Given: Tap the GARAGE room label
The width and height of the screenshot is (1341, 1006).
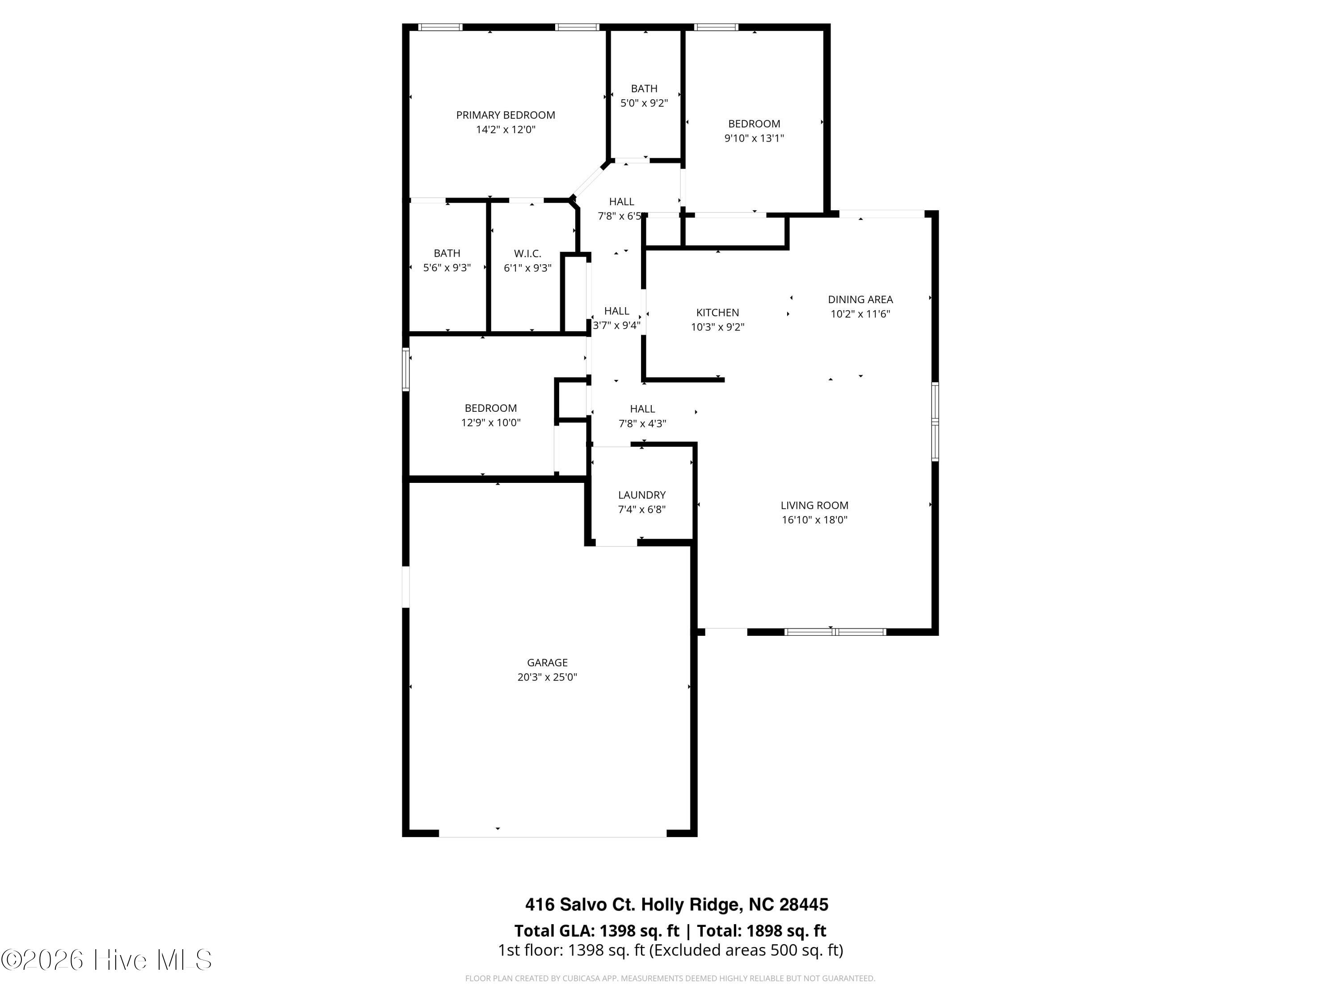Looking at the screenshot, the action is (548, 663).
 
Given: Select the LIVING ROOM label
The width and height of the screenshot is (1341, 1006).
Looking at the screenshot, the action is (814, 505).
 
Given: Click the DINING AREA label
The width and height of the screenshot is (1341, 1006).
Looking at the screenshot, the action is (860, 299).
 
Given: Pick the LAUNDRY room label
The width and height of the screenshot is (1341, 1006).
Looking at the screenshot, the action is (641, 495).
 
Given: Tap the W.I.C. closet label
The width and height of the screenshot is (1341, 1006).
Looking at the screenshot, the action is (527, 254).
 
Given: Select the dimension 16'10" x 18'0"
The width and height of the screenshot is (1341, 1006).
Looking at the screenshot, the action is (814, 520).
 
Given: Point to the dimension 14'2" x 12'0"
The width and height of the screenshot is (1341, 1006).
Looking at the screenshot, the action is (506, 130).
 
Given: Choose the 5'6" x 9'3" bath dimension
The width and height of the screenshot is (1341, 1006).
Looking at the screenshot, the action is (447, 268).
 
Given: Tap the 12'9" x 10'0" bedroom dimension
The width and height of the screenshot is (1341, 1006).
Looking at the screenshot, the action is (490, 423).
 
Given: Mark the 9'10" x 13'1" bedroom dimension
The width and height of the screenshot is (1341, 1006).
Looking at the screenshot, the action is (754, 138).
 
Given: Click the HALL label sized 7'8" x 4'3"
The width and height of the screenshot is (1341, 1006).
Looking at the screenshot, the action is (642, 409).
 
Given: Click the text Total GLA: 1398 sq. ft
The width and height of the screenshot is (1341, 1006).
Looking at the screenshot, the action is (597, 931).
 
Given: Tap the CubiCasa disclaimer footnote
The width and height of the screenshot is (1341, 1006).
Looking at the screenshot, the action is (670, 978).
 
